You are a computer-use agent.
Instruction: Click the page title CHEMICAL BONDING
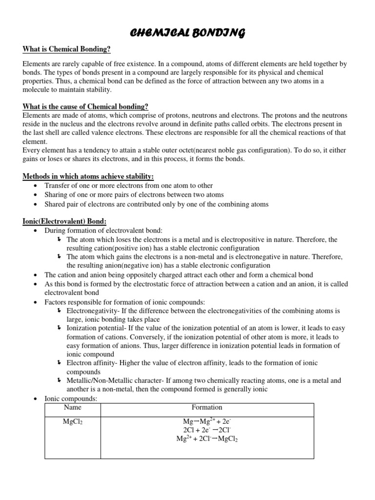pyautogui.click(x=187, y=33)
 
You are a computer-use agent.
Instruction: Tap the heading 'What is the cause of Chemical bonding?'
pyautogui.click(x=85, y=107)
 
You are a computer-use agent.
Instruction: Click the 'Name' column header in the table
pyautogui.click(x=73, y=407)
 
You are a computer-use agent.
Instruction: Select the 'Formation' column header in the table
pyautogui.click(x=207, y=407)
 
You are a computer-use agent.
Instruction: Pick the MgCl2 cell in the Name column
pyautogui.click(x=73, y=421)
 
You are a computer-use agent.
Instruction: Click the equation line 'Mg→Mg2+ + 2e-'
pyautogui.click(x=207, y=421)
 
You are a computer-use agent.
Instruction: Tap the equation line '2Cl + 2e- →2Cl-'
pyautogui.click(x=207, y=430)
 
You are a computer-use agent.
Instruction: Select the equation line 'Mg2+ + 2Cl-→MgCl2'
pyautogui.click(x=207, y=438)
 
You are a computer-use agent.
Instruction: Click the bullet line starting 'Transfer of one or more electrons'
pyautogui.click(x=128, y=186)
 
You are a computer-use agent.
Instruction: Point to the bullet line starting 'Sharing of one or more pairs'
pyautogui.click(x=134, y=195)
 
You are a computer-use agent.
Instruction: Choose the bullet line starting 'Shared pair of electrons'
pyautogui.click(x=156, y=204)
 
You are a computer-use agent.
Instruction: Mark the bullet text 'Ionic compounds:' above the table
pyautogui.click(x=71, y=398)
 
